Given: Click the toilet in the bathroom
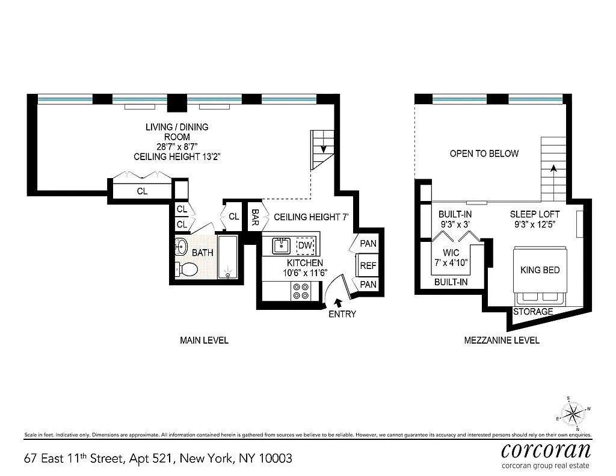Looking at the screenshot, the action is [x=186, y=270].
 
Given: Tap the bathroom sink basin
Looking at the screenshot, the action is [x=180, y=247].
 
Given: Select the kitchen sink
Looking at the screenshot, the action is [x=282, y=246].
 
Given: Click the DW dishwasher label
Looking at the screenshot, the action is [x=305, y=246].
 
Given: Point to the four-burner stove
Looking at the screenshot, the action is [x=301, y=291].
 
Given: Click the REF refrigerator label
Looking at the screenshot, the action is [x=368, y=266].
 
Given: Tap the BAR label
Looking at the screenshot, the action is [x=255, y=217].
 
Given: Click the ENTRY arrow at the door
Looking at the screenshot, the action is [x=337, y=303].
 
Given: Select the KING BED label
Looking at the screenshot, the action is [x=540, y=270].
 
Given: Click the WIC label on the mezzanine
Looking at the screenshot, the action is [x=451, y=253].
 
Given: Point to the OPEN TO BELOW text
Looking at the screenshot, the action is [x=484, y=153].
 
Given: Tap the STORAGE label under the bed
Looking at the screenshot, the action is [x=533, y=312].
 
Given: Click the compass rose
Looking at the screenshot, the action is [x=573, y=414].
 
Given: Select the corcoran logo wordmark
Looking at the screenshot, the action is [x=546, y=451].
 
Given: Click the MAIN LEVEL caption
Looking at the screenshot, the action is [x=205, y=341].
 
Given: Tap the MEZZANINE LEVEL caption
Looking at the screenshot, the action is [x=502, y=341].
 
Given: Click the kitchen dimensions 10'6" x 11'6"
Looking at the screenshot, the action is [x=305, y=273].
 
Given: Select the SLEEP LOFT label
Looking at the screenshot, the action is [x=535, y=215].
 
